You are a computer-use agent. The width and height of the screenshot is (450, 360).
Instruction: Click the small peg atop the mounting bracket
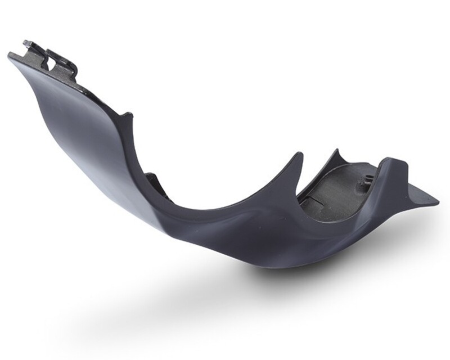27,43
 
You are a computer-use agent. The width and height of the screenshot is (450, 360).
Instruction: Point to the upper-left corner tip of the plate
10,55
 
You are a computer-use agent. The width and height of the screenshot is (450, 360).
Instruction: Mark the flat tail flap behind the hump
419,194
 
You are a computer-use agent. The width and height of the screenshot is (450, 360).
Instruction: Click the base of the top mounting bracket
56,76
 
